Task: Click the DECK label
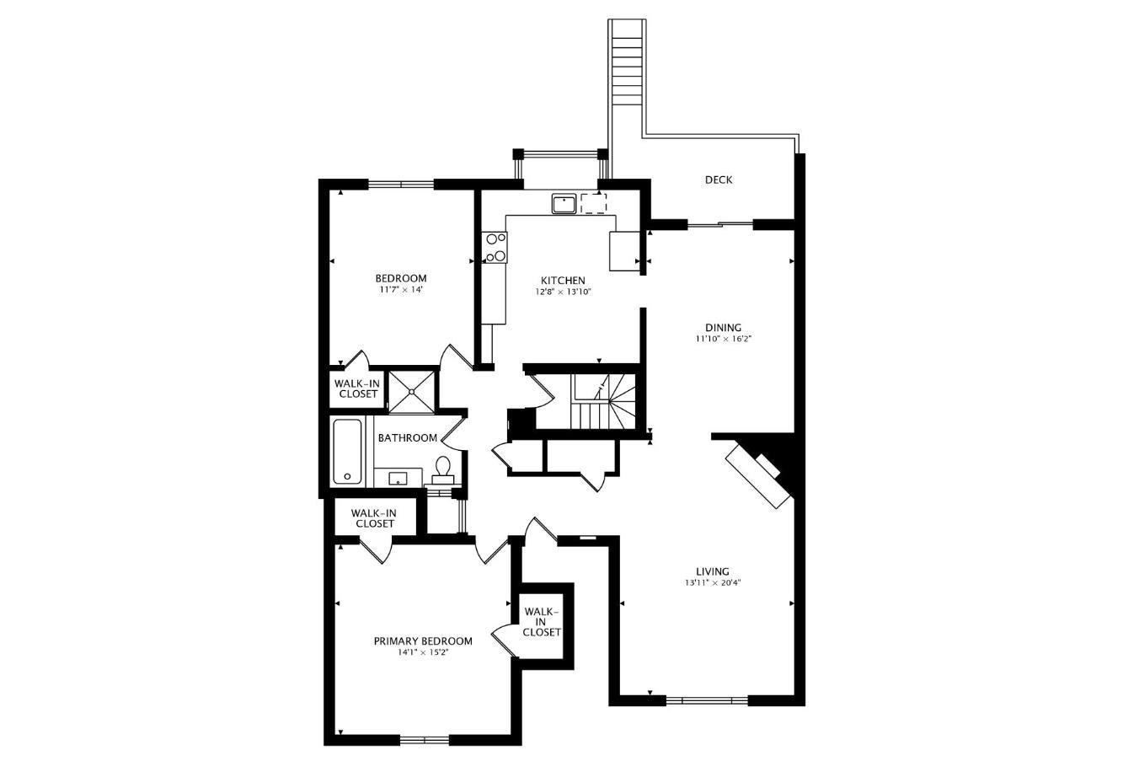719,180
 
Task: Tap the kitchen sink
564,204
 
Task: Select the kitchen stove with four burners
495,247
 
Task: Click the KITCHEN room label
563,281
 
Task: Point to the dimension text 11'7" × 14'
401,289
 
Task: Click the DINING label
723,328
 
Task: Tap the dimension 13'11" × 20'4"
713,583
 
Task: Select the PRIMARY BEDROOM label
423,641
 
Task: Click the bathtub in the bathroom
347,452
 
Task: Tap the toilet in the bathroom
442,470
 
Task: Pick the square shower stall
412,392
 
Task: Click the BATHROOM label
407,438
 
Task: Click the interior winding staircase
605,401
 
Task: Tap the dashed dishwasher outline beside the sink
594,203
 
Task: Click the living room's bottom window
707,700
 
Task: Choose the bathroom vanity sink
398,477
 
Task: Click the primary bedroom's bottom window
425,739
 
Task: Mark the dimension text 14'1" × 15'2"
423,652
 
